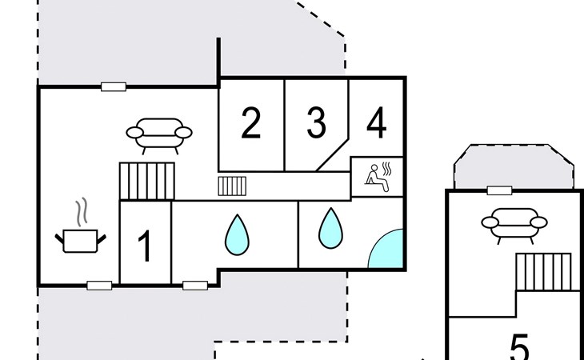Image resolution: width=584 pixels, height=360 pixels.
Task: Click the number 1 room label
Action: [x=145, y=246]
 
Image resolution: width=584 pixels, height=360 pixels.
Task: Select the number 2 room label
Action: [x=251, y=124]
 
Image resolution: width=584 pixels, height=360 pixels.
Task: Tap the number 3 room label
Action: [x=317, y=124]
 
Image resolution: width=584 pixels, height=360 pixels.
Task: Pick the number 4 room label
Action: [x=377, y=124]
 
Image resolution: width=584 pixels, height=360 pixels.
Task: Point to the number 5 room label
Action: [x=520, y=348]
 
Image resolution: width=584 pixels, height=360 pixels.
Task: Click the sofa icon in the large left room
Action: [x=160, y=134]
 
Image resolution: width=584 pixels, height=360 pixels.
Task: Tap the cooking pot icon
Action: [x=80, y=239]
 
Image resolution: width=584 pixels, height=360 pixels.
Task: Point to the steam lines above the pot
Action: [x=81, y=212]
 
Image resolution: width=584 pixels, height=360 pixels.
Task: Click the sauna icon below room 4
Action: [x=377, y=176]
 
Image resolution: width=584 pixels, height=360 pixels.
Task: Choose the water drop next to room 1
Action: [x=236, y=234]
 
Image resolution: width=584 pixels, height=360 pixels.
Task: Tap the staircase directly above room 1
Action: [x=147, y=181]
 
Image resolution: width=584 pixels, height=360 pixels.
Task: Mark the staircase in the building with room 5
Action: [x=543, y=272]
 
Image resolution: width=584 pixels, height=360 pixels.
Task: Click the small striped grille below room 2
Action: [x=232, y=186]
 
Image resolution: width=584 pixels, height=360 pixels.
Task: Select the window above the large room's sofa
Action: [x=114, y=86]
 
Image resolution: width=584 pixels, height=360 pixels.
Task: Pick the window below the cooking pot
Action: [x=99, y=285]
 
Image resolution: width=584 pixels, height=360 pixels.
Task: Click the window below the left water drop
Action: [x=194, y=285]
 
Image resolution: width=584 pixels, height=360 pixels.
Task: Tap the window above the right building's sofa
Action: [x=499, y=190]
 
